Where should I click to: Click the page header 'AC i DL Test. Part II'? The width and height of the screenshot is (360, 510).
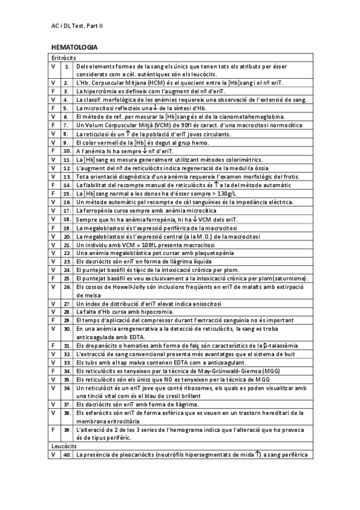pos(78,26)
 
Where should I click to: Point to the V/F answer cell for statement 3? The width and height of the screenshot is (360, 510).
pos(53,91)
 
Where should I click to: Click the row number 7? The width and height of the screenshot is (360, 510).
pos(66,124)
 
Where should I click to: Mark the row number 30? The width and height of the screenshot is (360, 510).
pos(66,329)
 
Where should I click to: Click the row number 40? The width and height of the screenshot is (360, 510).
pos(66,455)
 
